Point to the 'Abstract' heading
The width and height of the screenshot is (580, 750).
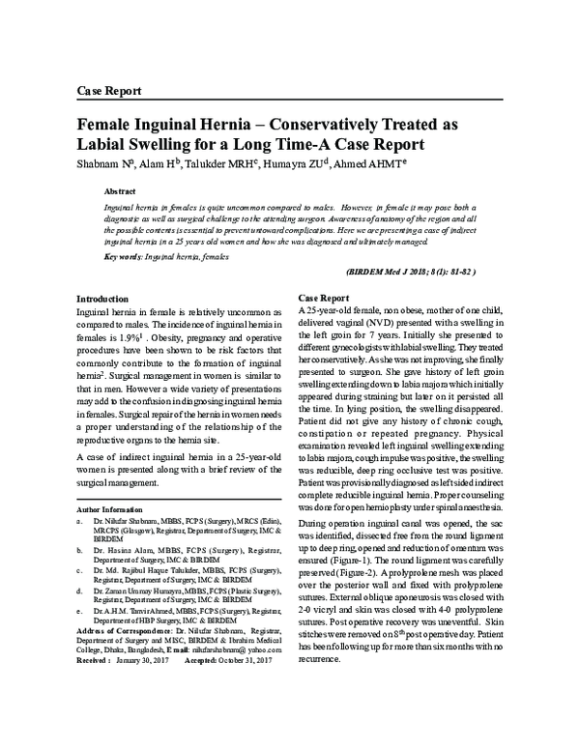pyautogui.click(x=119, y=192)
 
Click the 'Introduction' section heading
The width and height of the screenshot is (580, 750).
pyautogui.click(x=101, y=300)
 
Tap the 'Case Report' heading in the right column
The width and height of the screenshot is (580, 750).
pyautogui.click(x=323, y=298)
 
